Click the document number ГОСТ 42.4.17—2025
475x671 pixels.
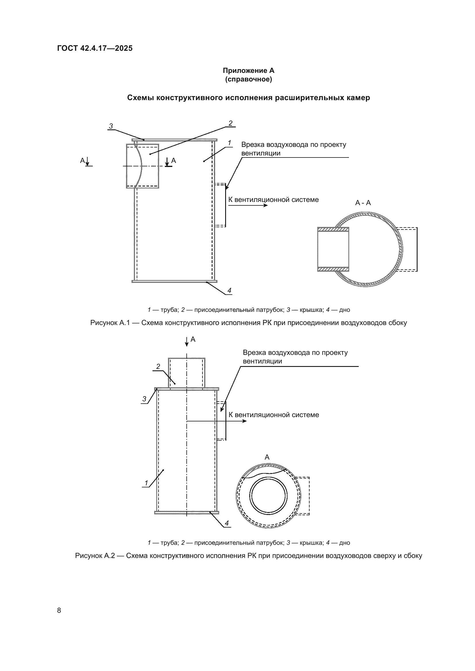tap(95, 48)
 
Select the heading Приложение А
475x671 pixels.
tap(248, 71)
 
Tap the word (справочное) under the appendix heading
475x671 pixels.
tap(248, 79)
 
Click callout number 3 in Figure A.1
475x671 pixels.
tap(111, 126)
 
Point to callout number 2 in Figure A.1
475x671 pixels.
tap(231, 123)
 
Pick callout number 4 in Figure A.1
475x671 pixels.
tap(229, 291)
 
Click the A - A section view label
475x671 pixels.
tap(363, 203)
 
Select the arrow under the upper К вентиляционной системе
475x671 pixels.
tap(248, 205)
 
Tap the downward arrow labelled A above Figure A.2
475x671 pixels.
tap(187, 341)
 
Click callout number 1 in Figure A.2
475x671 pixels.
tap(146, 483)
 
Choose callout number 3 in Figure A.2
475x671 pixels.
tap(144, 399)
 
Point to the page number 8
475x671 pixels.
tap(59, 610)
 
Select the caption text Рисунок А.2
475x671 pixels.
tap(94, 556)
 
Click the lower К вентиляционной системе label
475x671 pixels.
tap(273, 415)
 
